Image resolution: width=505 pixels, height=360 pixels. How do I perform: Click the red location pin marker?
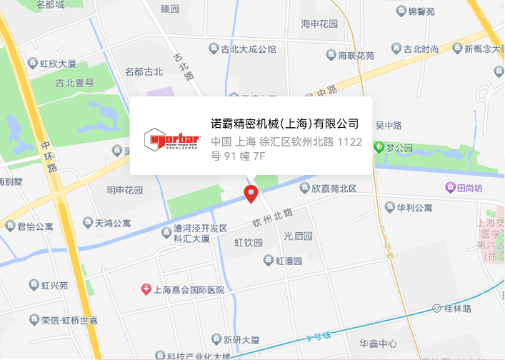coord(251,193)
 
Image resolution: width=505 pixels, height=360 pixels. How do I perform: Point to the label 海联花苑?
coord(356,55)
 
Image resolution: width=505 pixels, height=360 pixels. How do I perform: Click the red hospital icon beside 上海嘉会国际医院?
coord(146,289)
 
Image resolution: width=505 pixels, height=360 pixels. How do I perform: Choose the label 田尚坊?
coord(470,189)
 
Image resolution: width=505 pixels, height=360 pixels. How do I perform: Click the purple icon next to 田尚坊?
coord(450,188)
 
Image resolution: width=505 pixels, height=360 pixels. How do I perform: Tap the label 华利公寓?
coord(414,208)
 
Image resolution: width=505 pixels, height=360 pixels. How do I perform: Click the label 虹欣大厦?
coord(59,64)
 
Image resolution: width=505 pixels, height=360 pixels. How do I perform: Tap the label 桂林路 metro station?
coord(458,309)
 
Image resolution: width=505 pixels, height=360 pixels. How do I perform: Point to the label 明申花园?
coord(125,190)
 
